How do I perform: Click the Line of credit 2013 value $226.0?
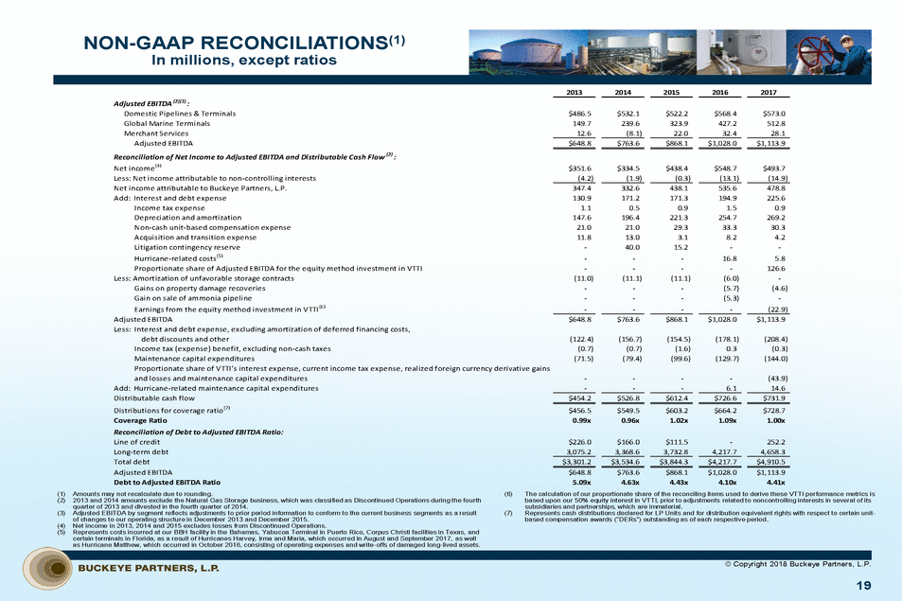pyautogui.click(x=577, y=441)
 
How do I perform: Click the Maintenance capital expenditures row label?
pyautogui.click(x=198, y=359)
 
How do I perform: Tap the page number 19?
pyautogui.click(x=863, y=586)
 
